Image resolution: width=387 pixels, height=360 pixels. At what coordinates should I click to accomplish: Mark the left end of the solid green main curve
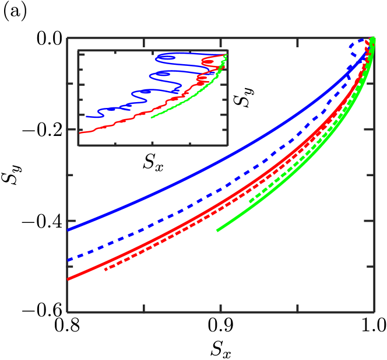click(x=217, y=230)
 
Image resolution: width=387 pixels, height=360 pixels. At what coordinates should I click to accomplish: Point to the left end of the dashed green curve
click(x=250, y=201)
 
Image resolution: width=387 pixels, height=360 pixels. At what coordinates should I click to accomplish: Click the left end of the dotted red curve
click(x=105, y=270)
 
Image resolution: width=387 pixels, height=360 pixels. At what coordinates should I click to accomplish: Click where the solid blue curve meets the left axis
click(x=68, y=230)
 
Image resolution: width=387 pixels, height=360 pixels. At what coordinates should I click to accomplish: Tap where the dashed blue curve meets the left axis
click(x=68, y=260)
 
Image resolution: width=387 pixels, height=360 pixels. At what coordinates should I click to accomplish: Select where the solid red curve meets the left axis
click(x=68, y=280)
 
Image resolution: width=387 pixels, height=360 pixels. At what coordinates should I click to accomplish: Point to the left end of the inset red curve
click(x=80, y=133)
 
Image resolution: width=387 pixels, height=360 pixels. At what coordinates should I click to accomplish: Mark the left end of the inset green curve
click(x=152, y=117)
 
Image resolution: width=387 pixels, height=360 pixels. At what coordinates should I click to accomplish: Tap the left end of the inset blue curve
click(x=87, y=117)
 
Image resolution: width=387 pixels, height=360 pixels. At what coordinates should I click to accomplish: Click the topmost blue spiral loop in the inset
click(x=166, y=57)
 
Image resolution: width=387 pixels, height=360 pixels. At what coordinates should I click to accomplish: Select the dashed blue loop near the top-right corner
click(x=355, y=49)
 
